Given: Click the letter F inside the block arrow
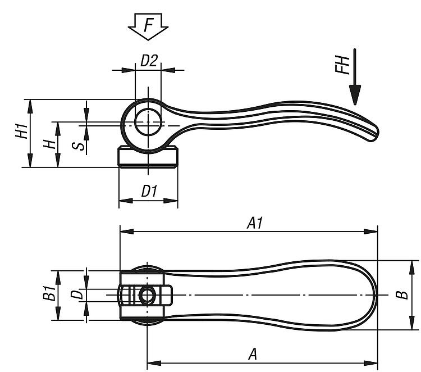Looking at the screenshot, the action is pos(149,25).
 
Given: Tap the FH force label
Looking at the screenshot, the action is pos(342,65).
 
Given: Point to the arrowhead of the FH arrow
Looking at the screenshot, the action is pos(355,95).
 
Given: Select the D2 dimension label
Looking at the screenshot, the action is pos(149,60).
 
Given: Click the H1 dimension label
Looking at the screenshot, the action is pos(22,131).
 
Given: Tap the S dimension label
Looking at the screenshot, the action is pos(79,147).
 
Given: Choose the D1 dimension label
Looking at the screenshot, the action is pos(149,192).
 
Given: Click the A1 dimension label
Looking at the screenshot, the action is pos(255,223).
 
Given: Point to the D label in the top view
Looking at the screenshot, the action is pos(77,294).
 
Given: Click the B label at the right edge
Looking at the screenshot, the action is pos(402,295).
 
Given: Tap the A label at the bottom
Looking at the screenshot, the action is pos(253,353).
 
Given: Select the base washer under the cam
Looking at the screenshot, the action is pos(148,157).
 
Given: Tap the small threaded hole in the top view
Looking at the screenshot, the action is pos(147,295).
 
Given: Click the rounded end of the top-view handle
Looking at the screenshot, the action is pos(375,295).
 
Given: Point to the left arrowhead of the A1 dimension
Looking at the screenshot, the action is pos(127,232).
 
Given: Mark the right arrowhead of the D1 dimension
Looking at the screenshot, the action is pos(171,201).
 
